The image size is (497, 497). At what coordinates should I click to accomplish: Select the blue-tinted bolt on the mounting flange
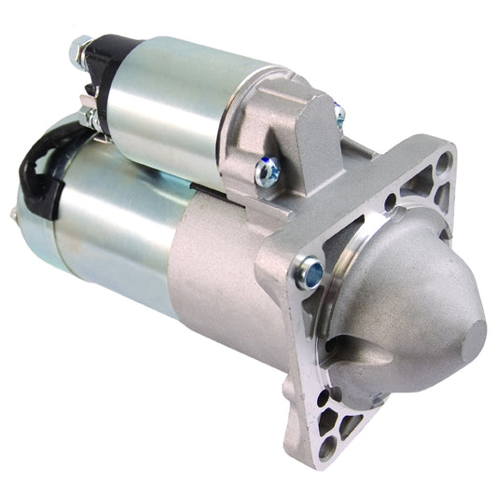pos(309,271)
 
